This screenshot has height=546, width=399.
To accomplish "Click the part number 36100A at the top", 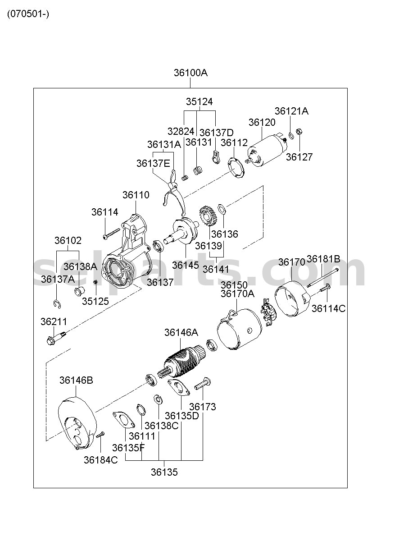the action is tap(190, 73).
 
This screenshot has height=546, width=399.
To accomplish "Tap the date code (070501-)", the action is tap(28, 14).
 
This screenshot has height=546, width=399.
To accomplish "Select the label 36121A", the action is tap(291, 111).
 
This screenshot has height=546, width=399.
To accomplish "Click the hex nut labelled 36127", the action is tap(299, 132).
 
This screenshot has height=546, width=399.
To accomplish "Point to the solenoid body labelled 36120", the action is tap(267, 150).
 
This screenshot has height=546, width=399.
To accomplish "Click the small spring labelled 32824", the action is tap(185, 178).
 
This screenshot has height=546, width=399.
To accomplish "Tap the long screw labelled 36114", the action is tap(112, 234).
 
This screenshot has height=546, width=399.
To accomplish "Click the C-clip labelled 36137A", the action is tap(57, 304).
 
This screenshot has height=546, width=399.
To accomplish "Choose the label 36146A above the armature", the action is tap(181, 332).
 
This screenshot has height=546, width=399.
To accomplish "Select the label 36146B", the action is tap(76, 380).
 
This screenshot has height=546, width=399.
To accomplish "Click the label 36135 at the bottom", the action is tap(164, 472).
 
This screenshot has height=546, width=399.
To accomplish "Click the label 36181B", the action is tap(323, 259).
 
